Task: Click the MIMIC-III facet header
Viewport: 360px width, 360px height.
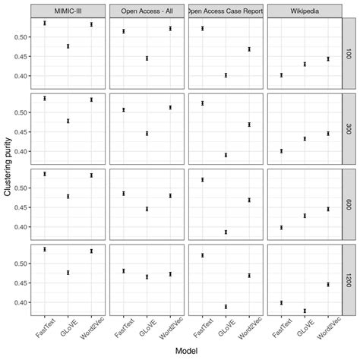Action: pos(68,11)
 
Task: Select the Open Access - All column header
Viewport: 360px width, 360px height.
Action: pos(147,11)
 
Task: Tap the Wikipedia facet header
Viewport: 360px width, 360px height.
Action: pos(303,11)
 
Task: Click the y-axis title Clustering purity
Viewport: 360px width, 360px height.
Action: pos(7,168)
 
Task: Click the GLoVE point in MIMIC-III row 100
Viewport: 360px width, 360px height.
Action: pos(68,46)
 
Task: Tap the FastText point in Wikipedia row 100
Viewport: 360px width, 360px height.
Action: pos(281,75)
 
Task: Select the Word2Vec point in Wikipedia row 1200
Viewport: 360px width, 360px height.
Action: pos(327,284)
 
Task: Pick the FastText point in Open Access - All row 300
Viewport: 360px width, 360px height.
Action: pos(124,110)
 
